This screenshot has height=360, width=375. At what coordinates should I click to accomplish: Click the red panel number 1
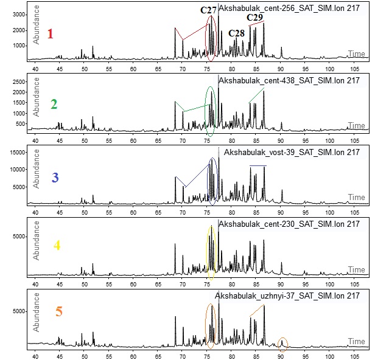50,34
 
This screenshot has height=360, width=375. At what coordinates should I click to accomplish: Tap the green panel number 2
54,105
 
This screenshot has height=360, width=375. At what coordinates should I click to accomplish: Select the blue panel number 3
55,178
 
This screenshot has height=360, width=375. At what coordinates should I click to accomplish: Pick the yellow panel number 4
57,246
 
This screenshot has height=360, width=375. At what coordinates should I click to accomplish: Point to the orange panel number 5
58,312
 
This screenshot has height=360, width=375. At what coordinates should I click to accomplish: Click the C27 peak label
209,10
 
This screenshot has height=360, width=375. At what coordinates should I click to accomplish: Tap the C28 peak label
236,33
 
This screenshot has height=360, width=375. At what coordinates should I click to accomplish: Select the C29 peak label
255,18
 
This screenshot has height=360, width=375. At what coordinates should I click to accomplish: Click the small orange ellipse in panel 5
282,342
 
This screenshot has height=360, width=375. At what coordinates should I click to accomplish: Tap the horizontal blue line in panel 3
258,166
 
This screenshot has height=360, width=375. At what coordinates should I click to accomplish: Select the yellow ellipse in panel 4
211,249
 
